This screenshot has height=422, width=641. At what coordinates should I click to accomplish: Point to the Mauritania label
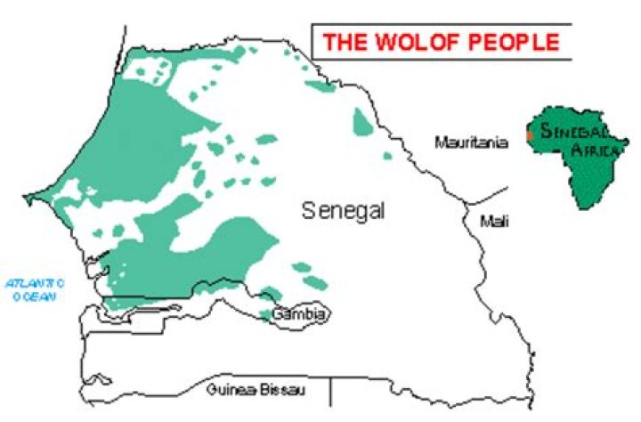(x=471, y=142)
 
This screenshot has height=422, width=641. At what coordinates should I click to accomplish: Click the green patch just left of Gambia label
(x=265, y=314)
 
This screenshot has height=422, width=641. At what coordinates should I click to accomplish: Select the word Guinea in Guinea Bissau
(x=227, y=389)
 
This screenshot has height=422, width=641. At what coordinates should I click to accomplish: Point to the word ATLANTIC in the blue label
(x=31, y=283)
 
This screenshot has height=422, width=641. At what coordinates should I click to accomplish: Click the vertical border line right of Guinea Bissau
(x=331, y=389)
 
